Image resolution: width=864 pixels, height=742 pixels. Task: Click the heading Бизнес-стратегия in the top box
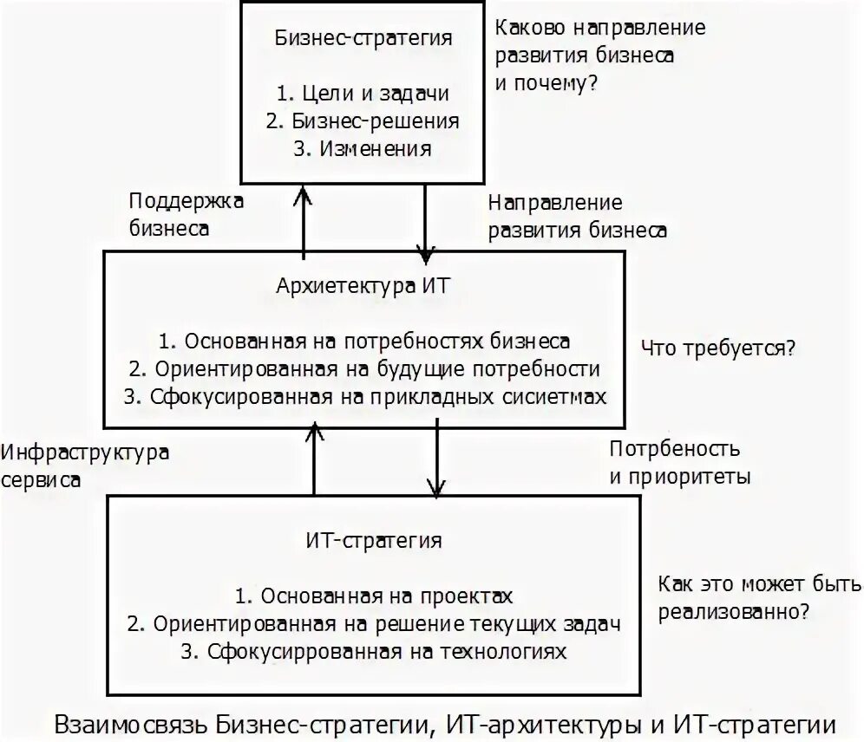363,39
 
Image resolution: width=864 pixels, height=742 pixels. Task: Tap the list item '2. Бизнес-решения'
363,121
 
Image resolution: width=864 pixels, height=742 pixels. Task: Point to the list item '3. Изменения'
363,148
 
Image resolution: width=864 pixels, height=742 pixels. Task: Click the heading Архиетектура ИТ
363,286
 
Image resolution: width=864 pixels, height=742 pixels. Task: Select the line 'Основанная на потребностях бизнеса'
364,341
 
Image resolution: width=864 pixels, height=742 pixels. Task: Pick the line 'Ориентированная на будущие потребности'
364,368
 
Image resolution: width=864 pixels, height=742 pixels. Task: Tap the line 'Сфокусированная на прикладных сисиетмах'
364,396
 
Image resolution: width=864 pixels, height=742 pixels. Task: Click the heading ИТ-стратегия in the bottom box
374,541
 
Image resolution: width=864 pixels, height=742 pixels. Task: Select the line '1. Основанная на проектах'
374,596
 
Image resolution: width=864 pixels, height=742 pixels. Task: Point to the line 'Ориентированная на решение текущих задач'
374,623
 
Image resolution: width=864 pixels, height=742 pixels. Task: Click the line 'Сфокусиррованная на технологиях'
374,651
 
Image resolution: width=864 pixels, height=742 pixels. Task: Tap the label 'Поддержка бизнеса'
186,214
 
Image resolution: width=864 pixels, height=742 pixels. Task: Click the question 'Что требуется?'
718,348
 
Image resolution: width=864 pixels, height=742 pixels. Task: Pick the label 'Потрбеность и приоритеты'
680,463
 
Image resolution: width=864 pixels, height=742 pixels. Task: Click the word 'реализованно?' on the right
734,610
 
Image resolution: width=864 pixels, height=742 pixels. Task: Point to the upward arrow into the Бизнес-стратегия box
303,221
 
